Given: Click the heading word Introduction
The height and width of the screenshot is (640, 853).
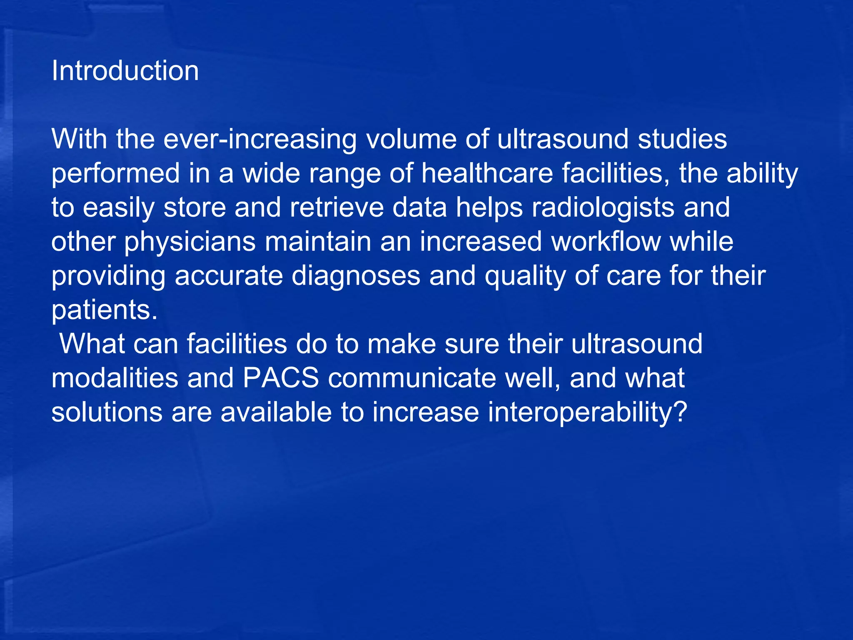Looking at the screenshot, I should tap(125, 71).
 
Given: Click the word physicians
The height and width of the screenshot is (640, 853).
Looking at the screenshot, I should tap(190, 242).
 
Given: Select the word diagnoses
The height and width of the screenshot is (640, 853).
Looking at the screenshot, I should tap(356, 276).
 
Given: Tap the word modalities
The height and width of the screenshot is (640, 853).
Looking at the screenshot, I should tap(115, 378).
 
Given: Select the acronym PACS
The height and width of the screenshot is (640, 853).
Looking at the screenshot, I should tap(281, 378).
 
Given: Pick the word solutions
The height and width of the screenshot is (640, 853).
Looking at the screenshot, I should tap(107, 412).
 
